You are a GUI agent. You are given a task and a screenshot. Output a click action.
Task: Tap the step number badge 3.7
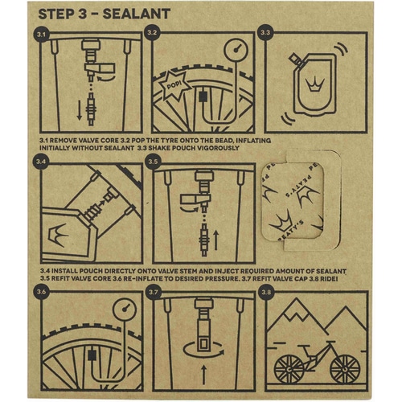tap(152, 293)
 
